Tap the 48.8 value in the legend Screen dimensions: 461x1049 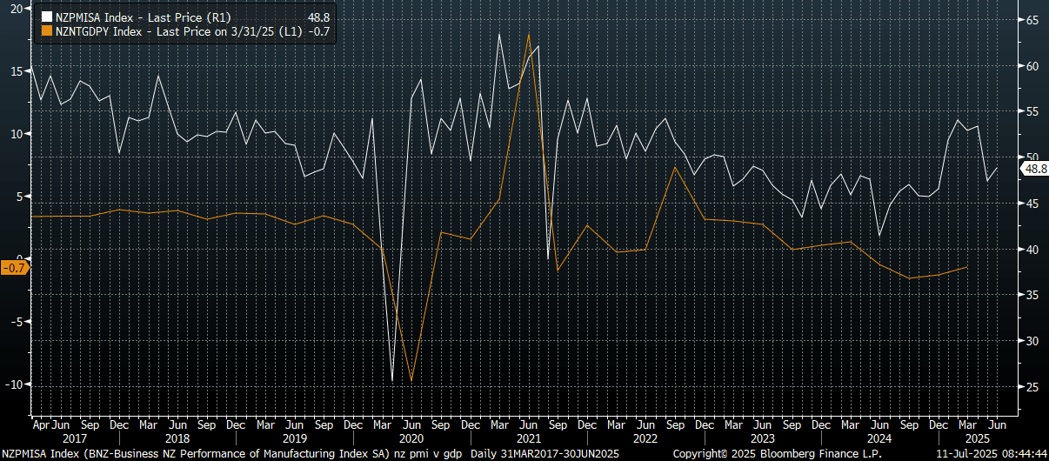[319, 17]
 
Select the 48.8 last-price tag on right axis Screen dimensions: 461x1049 [1035, 169]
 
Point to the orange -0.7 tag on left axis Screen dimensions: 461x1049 [15, 268]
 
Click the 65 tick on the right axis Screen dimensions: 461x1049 [1031, 20]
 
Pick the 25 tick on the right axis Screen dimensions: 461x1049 [1031, 386]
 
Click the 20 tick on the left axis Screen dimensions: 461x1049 [17, 9]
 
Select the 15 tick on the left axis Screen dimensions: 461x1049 [17, 71]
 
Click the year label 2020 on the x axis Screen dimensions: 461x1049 [411, 439]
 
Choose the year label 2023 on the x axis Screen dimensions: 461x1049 [762, 439]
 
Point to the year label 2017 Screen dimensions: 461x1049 [61, 439]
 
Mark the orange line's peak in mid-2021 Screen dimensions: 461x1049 [529, 34]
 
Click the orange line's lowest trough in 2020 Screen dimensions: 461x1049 [411, 381]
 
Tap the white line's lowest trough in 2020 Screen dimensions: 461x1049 [392, 381]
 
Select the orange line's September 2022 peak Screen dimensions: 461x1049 [676, 167]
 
